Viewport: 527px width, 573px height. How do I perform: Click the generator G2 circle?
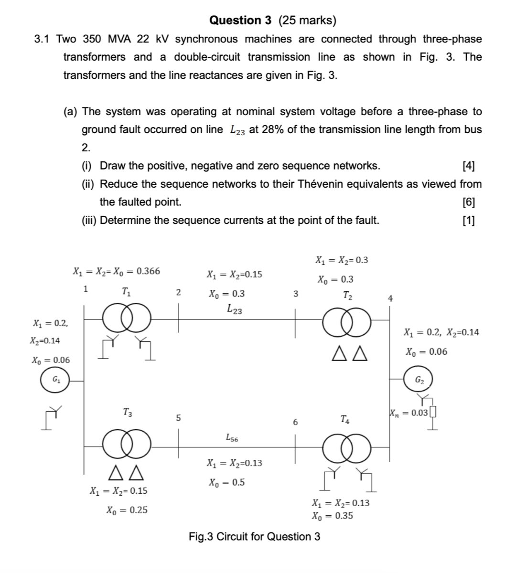[419, 380]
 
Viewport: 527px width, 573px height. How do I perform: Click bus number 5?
[178, 418]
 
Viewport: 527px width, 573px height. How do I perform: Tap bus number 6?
[295, 422]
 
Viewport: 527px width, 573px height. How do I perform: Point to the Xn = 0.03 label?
[409, 413]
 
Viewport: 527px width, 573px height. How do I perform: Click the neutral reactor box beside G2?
[433, 412]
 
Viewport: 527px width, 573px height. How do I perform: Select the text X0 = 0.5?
[226, 482]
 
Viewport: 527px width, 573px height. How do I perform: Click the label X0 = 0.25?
[127, 510]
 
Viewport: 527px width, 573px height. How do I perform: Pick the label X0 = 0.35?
[332, 516]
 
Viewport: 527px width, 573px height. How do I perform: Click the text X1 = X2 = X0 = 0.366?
[116, 272]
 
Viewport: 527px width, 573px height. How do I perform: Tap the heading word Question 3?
[240, 20]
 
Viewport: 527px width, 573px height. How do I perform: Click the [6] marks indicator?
[469, 202]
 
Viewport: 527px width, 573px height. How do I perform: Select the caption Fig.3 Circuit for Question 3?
[254, 537]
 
